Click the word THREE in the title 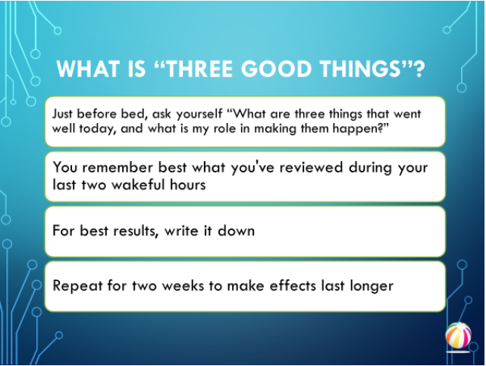[199, 68]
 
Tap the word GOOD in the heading [277, 68]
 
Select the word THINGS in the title [360, 68]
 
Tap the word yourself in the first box [199, 115]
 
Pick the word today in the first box [97, 129]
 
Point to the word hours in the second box [188, 185]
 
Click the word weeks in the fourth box [183, 286]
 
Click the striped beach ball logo [458, 336]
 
